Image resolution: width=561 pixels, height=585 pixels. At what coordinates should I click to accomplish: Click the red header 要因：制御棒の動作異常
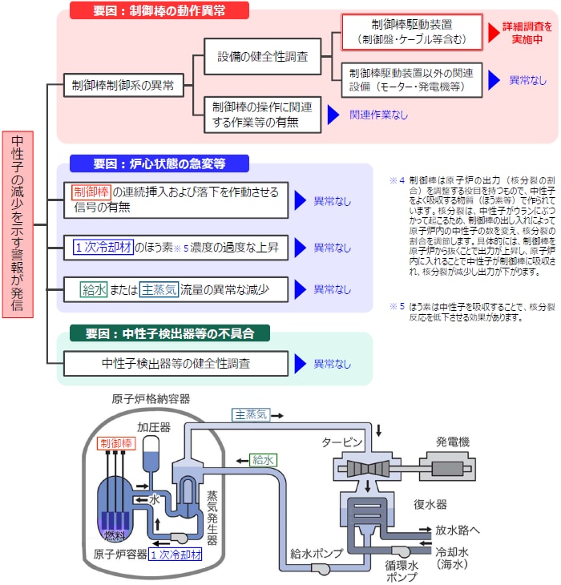click(x=159, y=10)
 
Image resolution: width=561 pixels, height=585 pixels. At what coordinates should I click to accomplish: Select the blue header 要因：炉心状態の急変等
click(x=159, y=163)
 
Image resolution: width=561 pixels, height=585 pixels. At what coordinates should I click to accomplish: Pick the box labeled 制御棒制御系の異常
click(x=123, y=85)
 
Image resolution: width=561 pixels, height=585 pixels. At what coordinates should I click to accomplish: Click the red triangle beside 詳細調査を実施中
click(x=494, y=32)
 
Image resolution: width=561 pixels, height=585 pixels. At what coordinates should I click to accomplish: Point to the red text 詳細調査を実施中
click(x=530, y=32)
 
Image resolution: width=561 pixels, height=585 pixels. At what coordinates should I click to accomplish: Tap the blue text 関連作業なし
click(x=378, y=115)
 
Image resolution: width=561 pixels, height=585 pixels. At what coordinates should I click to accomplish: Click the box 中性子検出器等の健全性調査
click(x=176, y=363)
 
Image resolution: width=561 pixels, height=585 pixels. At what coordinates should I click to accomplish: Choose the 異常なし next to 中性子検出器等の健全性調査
click(x=332, y=364)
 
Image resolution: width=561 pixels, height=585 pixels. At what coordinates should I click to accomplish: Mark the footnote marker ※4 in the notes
click(x=398, y=181)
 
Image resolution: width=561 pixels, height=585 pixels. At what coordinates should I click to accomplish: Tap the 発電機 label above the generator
click(x=453, y=442)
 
